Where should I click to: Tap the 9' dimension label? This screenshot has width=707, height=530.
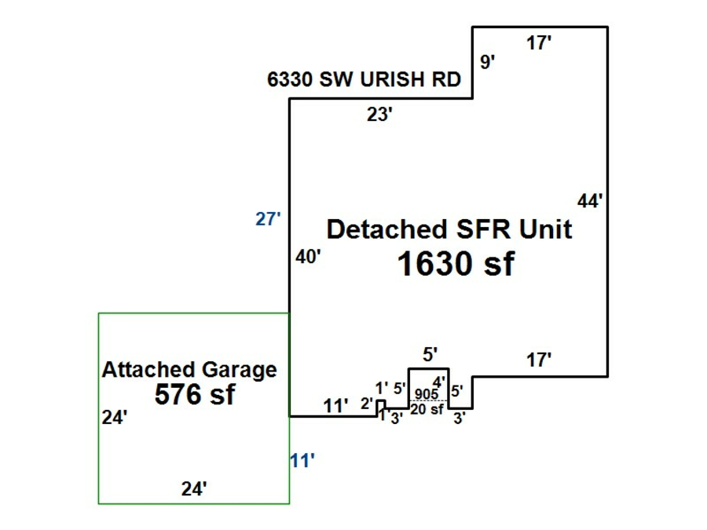[488, 62]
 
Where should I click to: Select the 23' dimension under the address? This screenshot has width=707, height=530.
[380, 115]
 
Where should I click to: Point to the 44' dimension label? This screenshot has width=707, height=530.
[590, 201]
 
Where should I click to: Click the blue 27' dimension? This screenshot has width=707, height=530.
[268, 219]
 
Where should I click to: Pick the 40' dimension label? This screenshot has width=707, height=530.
[308, 257]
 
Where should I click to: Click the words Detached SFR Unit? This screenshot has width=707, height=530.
[449, 230]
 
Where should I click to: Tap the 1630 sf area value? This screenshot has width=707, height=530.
[456, 265]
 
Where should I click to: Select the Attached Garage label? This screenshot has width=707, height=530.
[189, 369]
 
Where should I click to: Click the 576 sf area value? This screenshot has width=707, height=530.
[194, 394]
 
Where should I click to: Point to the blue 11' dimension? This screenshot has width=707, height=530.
[302, 460]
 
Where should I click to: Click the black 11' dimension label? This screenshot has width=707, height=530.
[335, 406]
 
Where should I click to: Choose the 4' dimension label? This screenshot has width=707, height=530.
[438, 382]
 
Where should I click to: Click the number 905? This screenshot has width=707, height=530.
[427, 394]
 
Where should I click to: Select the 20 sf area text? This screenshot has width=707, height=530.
[427, 408]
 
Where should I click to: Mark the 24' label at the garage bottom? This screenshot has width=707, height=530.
[194, 489]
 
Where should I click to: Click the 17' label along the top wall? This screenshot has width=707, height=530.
[539, 44]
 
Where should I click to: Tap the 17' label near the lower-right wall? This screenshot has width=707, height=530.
[539, 360]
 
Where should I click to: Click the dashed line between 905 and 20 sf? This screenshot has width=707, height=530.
[427, 401]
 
